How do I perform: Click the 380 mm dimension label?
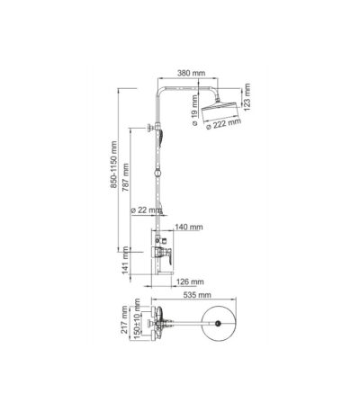coord(191,73)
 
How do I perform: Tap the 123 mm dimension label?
coord(247,97)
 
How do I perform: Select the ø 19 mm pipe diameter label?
coord(194,110)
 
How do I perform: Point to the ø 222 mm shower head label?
coord(224,124)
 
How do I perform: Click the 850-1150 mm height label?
coord(113,165)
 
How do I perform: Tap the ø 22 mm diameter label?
coord(146,210)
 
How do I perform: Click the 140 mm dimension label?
coord(189,228)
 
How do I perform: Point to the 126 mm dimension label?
coord(190,281)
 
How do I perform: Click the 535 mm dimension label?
coord(197,295)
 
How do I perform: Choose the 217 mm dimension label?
coord(124,320)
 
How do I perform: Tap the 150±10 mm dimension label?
coord(137,319)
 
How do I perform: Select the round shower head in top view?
coord(219,323)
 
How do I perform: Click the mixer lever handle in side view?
coord(168,256)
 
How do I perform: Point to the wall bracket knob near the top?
coord(149,128)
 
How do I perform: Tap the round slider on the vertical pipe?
coord(157,174)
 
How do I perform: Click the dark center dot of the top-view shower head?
coord(218,323)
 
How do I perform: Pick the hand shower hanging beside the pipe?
coord(161,138)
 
